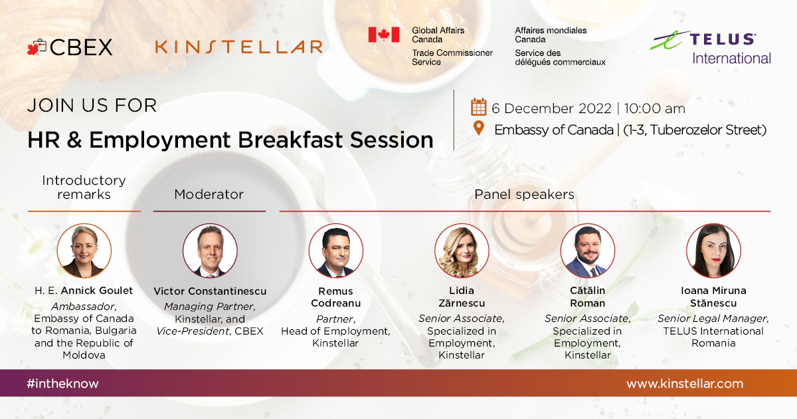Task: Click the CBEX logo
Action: tap(70, 47)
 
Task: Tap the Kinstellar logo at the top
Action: tap(238, 47)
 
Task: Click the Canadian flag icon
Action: tap(384, 35)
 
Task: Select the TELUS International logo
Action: tap(711, 48)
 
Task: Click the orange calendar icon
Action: tap(479, 107)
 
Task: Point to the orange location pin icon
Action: tap(479, 128)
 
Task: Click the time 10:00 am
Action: tap(654, 108)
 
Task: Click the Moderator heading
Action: tap(209, 194)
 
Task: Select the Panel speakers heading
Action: tap(524, 194)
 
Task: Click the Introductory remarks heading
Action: tap(84, 188)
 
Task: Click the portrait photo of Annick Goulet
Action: tap(84, 251)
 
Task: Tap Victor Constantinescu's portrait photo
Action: tap(210, 251)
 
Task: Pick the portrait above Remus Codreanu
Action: tap(336, 251)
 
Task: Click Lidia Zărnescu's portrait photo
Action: tap(462, 251)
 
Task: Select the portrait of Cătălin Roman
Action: tap(588, 251)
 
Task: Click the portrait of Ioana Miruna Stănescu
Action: tap(714, 251)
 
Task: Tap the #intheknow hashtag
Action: tap(62, 383)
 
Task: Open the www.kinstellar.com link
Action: tap(685, 383)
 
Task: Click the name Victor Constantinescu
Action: tap(210, 291)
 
